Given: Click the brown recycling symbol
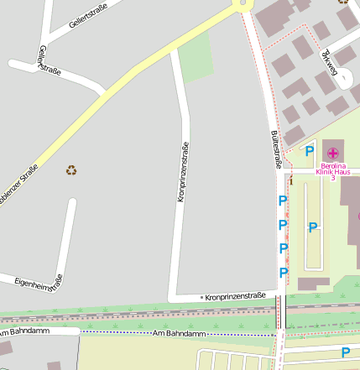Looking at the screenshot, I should (x=72, y=170).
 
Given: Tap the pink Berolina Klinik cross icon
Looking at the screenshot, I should (x=333, y=153).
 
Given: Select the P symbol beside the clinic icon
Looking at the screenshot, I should (x=310, y=152).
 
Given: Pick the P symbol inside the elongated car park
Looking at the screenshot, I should (x=313, y=227).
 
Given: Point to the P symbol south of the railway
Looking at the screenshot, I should (x=345, y=352).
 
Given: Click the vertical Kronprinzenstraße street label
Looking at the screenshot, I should (x=182, y=172).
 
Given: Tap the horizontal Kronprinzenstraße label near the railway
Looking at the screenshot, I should (x=235, y=296).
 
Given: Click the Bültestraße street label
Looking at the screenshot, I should (x=275, y=148).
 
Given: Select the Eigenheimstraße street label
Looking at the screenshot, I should (x=39, y=282).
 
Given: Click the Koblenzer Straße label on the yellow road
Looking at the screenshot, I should (x=20, y=185).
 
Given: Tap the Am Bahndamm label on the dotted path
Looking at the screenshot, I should (x=179, y=334).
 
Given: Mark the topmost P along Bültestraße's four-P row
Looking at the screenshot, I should (x=283, y=201).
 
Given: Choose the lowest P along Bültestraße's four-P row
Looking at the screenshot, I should (x=284, y=273).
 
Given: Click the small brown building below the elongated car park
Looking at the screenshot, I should (x=313, y=284).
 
